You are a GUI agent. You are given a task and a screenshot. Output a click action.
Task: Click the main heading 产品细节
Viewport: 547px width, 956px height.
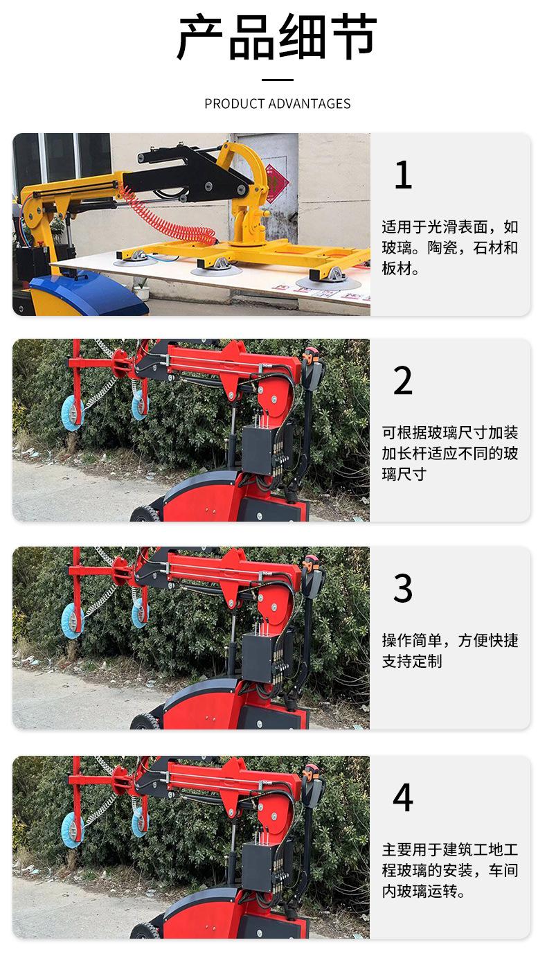pyautogui.click(x=277, y=38)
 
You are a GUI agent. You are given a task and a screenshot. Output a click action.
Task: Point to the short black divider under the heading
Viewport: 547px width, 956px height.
pyautogui.click(x=277, y=80)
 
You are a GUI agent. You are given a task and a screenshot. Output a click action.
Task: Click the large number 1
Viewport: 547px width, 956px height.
pyautogui.click(x=402, y=175)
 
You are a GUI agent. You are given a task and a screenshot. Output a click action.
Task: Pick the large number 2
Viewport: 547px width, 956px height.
pyautogui.click(x=402, y=381)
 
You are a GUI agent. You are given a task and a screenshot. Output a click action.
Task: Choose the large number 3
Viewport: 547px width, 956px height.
pyautogui.click(x=402, y=589)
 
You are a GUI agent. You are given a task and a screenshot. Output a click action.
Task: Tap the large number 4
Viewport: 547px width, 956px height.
pyautogui.click(x=402, y=797)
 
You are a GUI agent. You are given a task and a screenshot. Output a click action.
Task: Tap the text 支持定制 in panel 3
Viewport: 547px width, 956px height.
pyautogui.click(x=411, y=662)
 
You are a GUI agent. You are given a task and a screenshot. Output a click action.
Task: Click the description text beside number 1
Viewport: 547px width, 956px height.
pyautogui.click(x=449, y=248)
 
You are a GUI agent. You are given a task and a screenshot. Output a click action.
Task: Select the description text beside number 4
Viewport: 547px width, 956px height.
pyautogui.click(x=449, y=870)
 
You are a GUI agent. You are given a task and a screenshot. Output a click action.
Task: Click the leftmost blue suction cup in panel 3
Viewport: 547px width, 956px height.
pyautogui.click(x=71, y=617)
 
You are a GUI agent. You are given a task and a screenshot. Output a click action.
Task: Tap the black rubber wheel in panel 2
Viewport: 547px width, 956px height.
pyautogui.click(x=146, y=515)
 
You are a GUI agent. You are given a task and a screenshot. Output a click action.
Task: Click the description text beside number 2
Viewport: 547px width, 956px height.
pyautogui.click(x=449, y=454)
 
